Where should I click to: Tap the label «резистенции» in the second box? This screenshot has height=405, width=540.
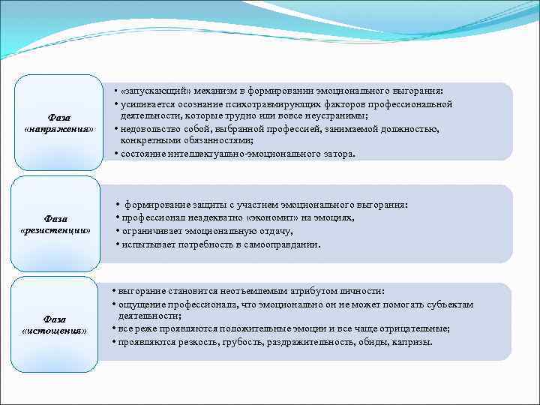point(57,229)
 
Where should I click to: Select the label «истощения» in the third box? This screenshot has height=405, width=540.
point(55,330)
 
